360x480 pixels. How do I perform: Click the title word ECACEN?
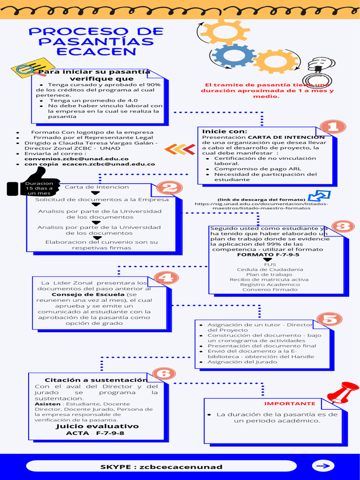[x=96, y=52]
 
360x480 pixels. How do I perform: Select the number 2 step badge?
[x=169, y=188]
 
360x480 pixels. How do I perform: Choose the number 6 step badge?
[x=163, y=374]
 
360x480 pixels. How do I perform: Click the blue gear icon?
[x=233, y=55]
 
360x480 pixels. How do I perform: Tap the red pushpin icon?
[x=343, y=392]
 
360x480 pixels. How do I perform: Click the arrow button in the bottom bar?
[x=323, y=466]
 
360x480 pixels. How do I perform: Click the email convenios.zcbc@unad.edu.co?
[x=76, y=158]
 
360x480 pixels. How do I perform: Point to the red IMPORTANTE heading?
[x=290, y=404]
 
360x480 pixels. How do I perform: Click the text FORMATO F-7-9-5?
[x=268, y=255]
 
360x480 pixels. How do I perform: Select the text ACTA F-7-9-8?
[x=95, y=434]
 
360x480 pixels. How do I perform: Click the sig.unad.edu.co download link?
[x=262, y=206]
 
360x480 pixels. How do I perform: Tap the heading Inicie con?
[x=225, y=131]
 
